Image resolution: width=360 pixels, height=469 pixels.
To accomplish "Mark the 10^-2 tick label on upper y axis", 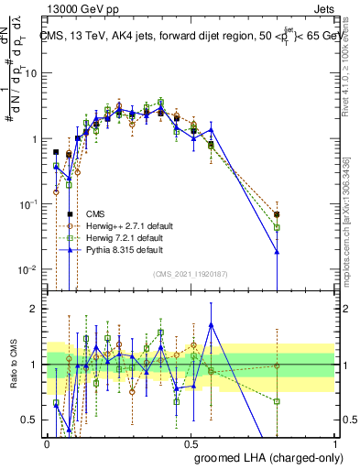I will (29, 270).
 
